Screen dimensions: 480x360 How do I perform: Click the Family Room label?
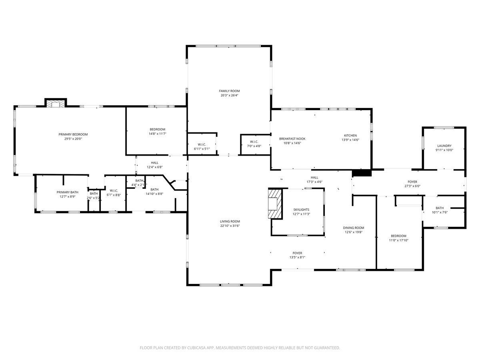(229, 91)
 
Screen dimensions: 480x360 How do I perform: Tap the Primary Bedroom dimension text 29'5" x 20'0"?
(73, 139)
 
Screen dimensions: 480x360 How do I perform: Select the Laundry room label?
(444, 146)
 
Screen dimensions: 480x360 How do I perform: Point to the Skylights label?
(301, 210)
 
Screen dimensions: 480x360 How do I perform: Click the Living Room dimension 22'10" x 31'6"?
(230, 226)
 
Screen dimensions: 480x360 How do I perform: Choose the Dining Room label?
(353, 228)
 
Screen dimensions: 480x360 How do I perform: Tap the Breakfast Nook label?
(292, 139)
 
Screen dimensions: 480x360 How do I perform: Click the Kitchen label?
(350, 136)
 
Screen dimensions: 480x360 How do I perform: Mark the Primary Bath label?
(67, 192)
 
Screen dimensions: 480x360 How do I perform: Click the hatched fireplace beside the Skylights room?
(275, 204)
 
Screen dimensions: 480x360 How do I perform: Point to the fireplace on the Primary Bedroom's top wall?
(56, 103)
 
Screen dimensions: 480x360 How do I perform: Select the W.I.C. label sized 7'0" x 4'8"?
(254, 142)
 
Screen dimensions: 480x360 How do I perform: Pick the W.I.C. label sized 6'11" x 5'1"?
(202, 145)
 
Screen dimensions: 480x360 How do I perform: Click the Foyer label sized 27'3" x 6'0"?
(412, 182)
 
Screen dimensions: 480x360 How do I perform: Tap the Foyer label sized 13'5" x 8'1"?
(297, 253)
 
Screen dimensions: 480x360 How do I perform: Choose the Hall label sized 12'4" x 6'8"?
(154, 163)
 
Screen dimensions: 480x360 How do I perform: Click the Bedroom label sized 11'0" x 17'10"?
(398, 236)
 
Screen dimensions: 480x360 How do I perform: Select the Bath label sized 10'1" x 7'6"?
(440, 208)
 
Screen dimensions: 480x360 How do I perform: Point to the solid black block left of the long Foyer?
(362, 173)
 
